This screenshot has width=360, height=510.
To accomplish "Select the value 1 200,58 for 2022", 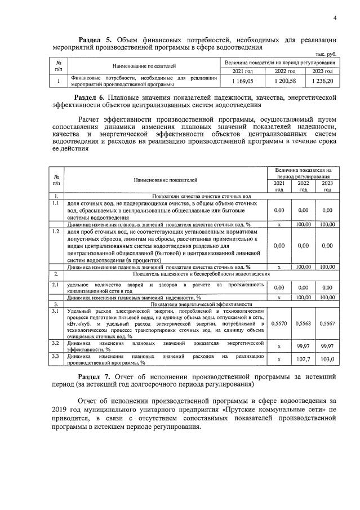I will tap(284, 81).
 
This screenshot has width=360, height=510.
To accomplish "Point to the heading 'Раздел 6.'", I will tap(95, 97).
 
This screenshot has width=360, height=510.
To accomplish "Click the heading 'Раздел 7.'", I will tap(95, 376).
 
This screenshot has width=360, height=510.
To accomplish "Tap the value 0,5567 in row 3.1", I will tap(326, 323).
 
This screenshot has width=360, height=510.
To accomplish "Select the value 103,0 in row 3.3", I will tap(326, 359).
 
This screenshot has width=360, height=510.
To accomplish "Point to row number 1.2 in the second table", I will tap(55, 231).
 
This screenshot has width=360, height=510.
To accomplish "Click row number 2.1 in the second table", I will tap(55, 285).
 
